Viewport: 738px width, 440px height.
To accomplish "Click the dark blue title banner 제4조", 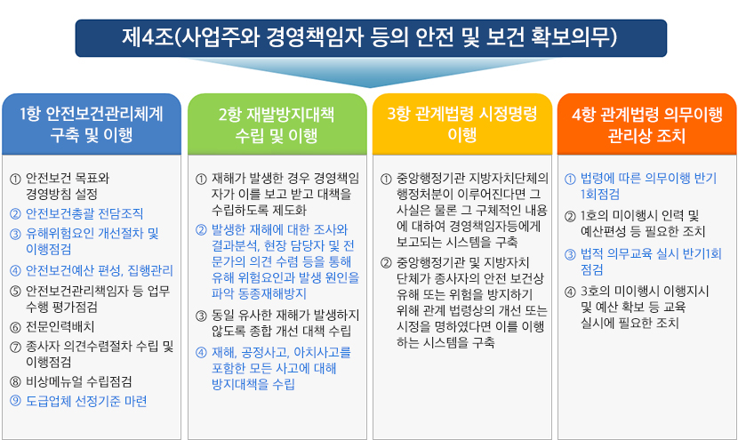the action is [x=371, y=38].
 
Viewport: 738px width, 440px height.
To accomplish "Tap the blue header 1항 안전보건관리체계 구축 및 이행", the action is [x=92, y=124].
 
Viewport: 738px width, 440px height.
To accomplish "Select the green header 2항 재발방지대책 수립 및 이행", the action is [x=277, y=124].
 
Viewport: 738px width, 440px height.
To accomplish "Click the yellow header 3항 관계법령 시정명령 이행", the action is [x=461, y=124].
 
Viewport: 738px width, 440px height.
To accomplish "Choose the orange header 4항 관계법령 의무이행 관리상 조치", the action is [x=646, y=124].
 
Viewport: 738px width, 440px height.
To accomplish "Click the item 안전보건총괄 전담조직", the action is [x=84, y=213].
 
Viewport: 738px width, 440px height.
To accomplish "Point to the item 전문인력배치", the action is [x=60, y=326].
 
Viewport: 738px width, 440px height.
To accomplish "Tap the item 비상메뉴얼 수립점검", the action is [x=79, y=381].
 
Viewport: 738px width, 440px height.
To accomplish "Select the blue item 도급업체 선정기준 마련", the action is [x=86, y=401].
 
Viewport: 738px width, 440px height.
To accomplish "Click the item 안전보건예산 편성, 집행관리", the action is [x=100, y=270].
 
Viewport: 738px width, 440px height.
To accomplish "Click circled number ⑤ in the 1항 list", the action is [x=15, y=292].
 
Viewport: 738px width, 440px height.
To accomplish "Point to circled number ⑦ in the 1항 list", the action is [x=15, y=348].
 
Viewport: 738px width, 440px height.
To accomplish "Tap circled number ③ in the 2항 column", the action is [x=201, y=316].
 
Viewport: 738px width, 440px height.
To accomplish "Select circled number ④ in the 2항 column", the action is [x=201, y=353].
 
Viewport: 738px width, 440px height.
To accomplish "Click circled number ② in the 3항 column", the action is [x=386, y=262].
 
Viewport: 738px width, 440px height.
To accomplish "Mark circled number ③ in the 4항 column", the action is [x=570, y=254].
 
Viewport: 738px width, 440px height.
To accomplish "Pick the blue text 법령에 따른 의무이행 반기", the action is [x=648, y=179].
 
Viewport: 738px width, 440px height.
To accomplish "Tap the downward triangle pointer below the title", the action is [x=370, y=73].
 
